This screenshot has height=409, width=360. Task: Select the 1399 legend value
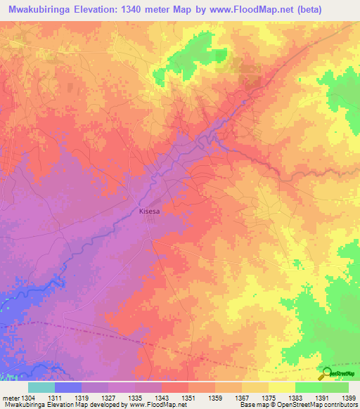point(349,398)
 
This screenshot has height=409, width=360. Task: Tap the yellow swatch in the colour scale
point(282,387)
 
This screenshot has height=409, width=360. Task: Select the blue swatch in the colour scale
point(68,387)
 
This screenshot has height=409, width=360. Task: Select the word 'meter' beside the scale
point(11,398)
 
